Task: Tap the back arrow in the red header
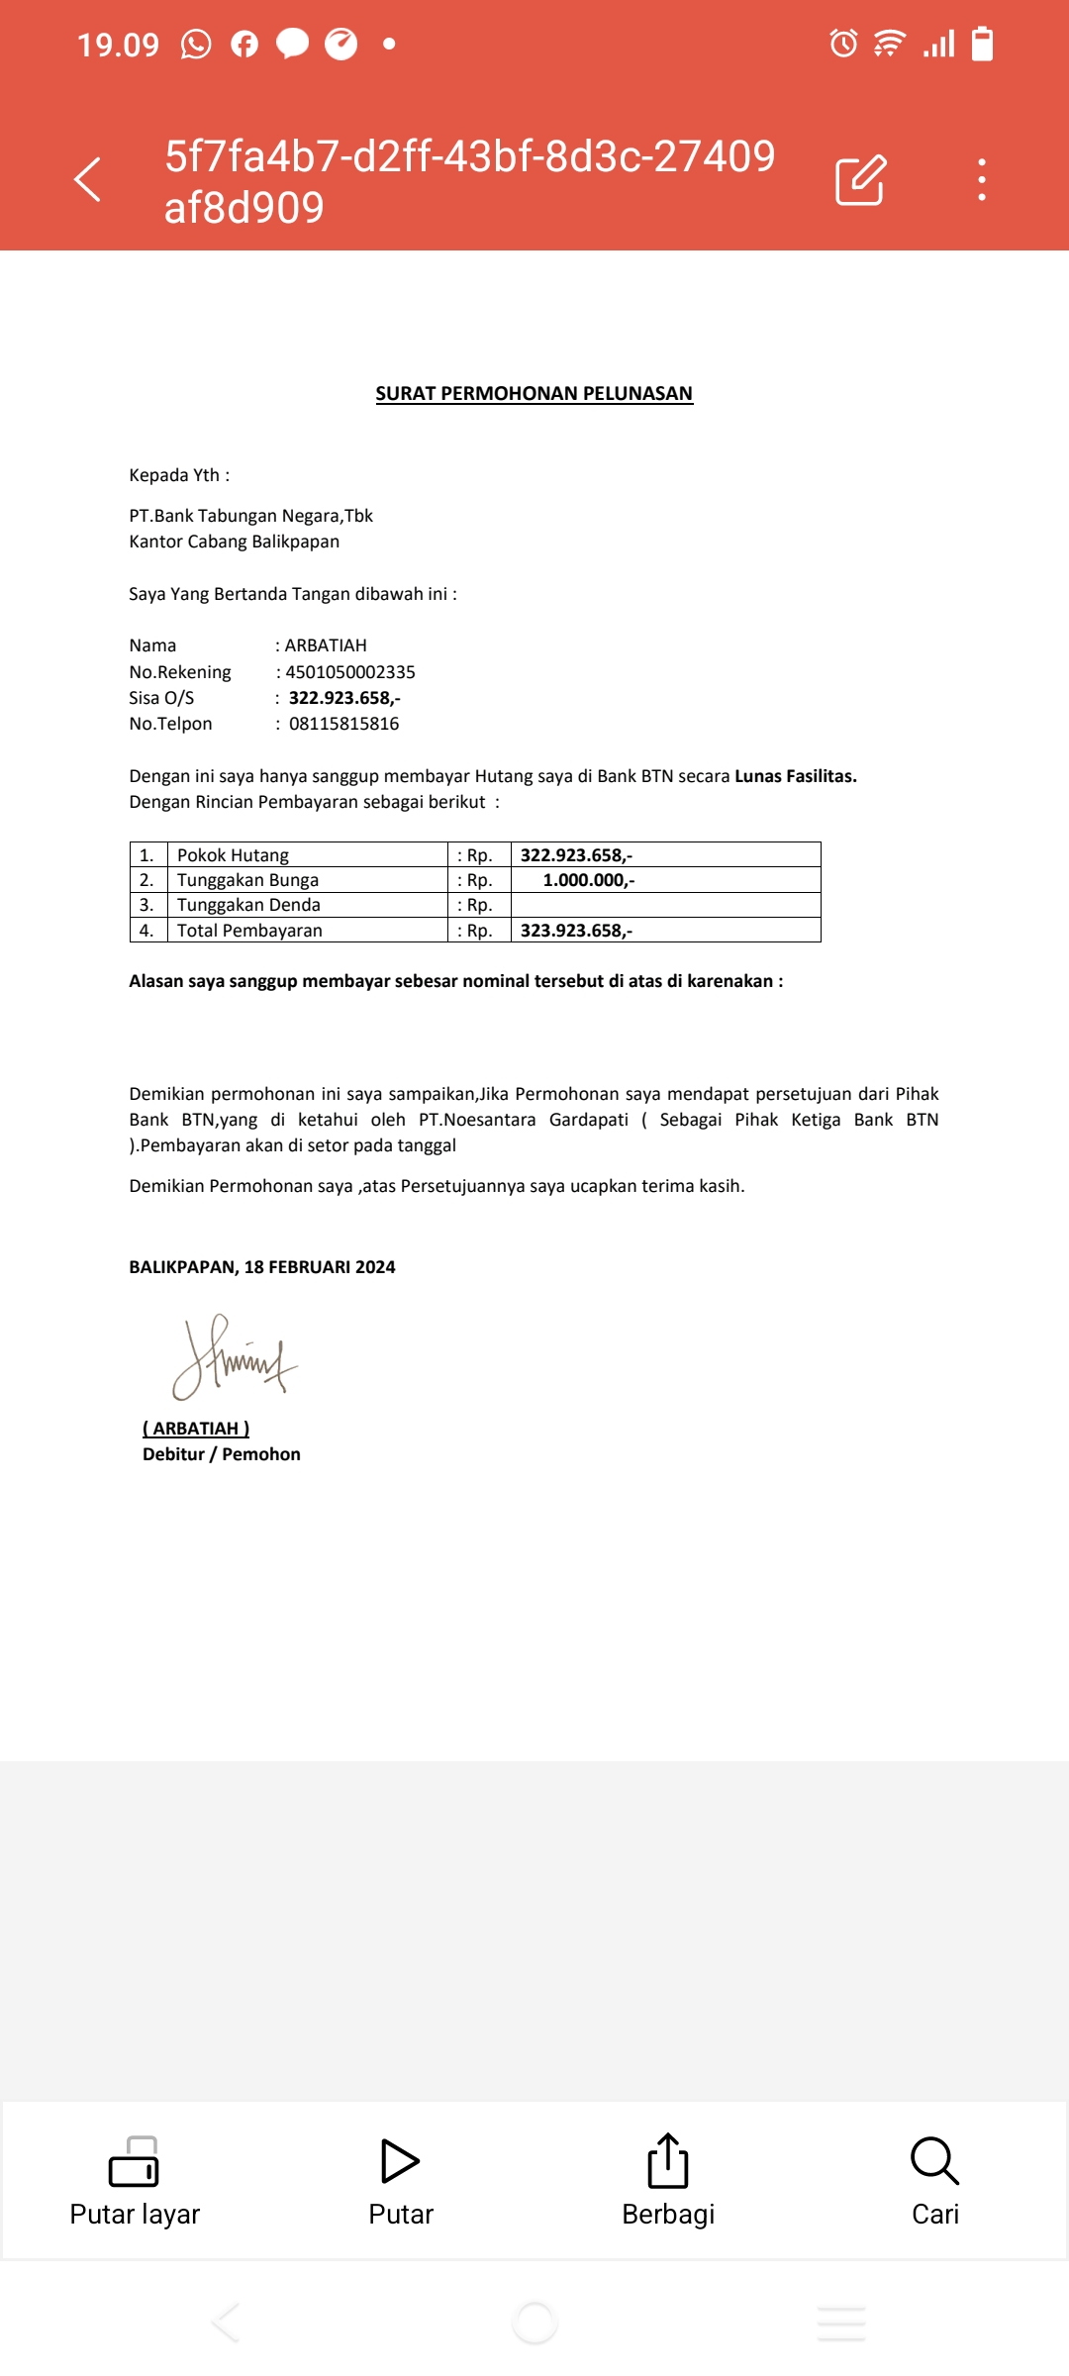(x=88, y=179)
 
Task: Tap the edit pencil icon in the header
(x=860, y=180)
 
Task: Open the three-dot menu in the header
(x=981, y=180)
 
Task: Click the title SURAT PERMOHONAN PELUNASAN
(x=534, y=393)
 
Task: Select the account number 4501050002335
(x=350, y=672)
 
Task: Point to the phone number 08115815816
(x=343, y=724)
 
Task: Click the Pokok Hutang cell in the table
(x=233, y=855)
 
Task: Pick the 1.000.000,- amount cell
(x=589, y=880)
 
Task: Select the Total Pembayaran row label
(x=249, y=931)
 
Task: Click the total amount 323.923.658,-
(x=576, y=931)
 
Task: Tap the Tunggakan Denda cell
(x=248, y=905)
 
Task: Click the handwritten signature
(x=235, y=1357)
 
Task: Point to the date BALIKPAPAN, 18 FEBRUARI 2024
(x=262, y=1267)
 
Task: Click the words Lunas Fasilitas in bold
(x=795, y=776)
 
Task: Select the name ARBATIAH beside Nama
(x=326, y=645)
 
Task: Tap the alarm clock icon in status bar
(x=843, y=44)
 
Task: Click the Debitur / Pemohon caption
(x=222, y=1454)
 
